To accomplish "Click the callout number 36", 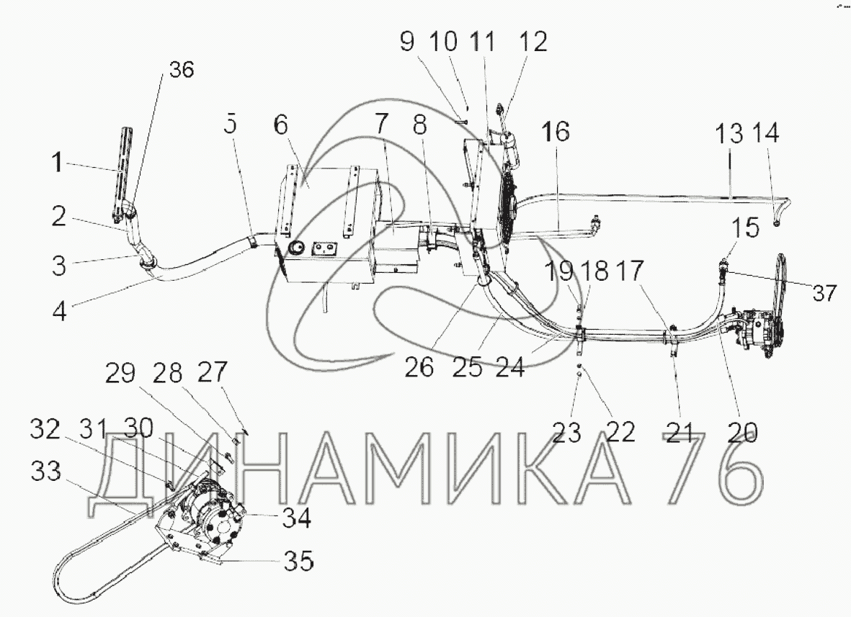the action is pyautogui.click(x=182, y=70).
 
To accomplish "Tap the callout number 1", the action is pyautogui.click(x=57, y=162).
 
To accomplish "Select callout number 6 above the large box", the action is pyautogui.click(x=280, y=125).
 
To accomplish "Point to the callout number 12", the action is pyautogui.click(x=533, y=42).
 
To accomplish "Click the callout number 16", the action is pyautogui.click(x=556, y=132).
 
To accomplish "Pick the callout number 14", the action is pyautogui.click(x=766, y=133).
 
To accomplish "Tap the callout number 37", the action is pyautogui.click(x=824, y=293).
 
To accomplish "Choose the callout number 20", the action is pyautogui.click(x=742, y=432).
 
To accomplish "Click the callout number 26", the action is pyautogui.click(x=419, y=367).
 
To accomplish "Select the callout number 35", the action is pyautogui.click(x=298, y=561).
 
